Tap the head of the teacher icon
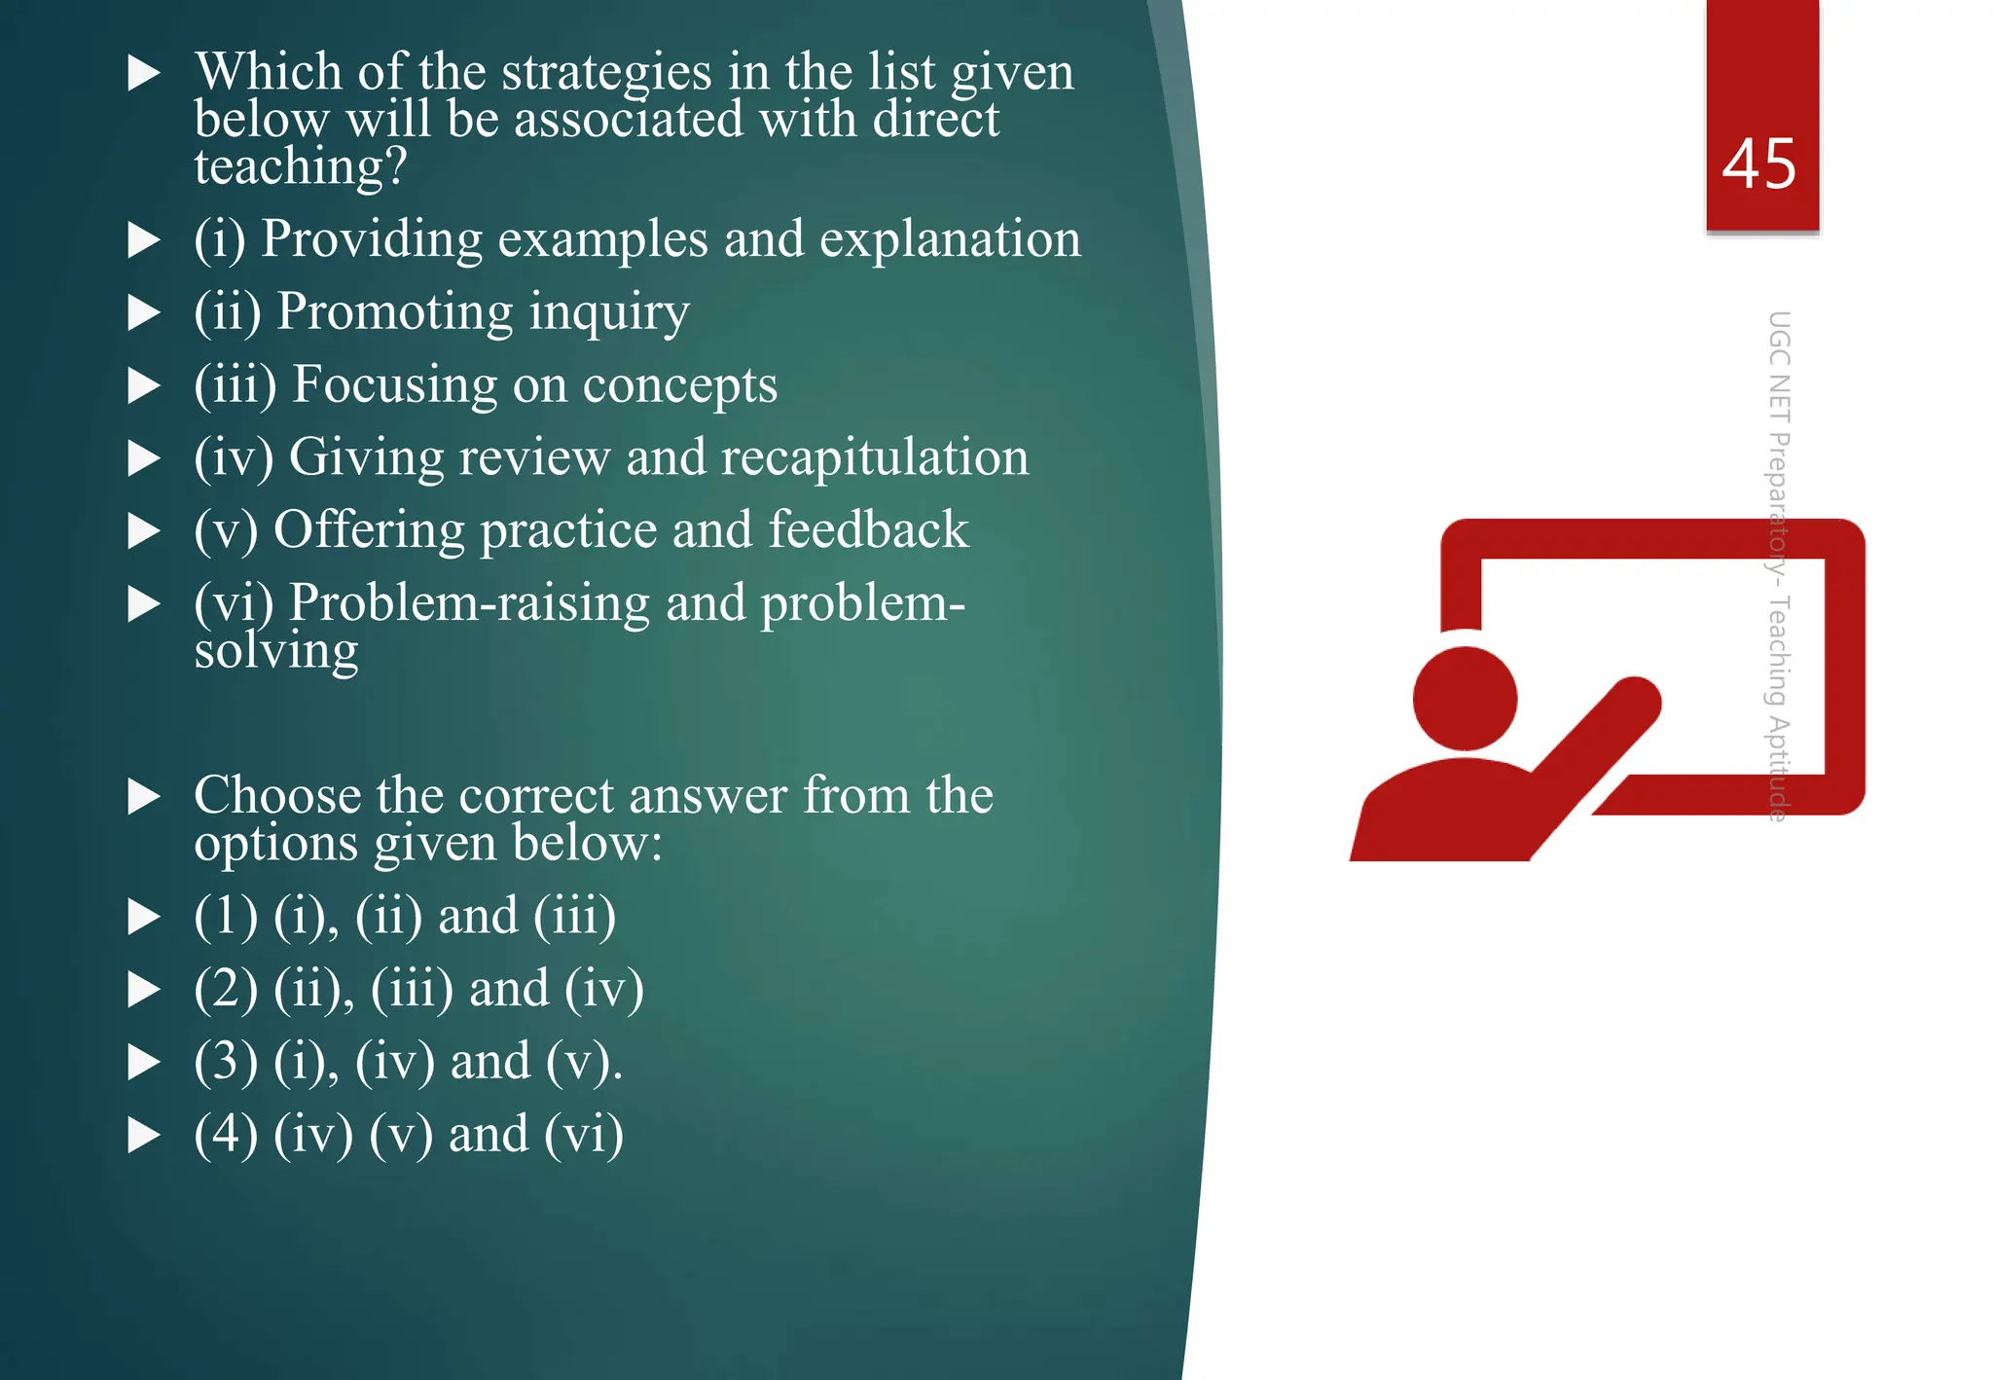[1465, 698]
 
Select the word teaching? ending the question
[300, 166]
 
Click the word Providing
[372, 238]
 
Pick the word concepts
[679, 385]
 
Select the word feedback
[868, 530]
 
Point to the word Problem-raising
[469, 603]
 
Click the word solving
[276, 651]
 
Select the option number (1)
[226, 916]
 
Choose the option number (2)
[226, 989]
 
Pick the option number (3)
[226, 1061]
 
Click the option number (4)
[226, 1134]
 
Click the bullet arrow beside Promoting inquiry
[144, 312]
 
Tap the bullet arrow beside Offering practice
[144, 530]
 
